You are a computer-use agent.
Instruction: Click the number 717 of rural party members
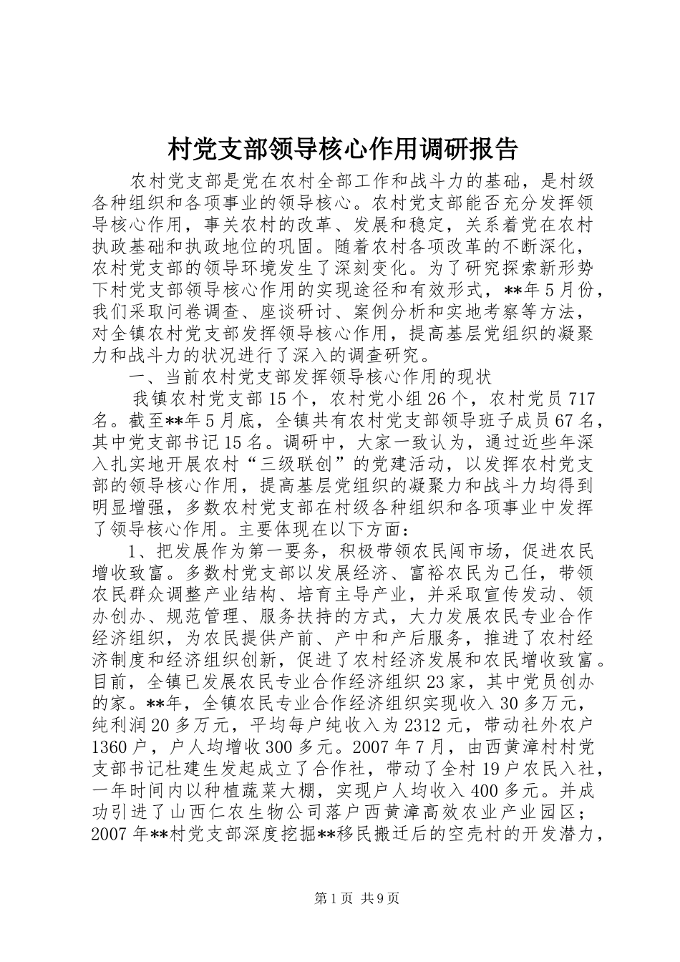[575, 398]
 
